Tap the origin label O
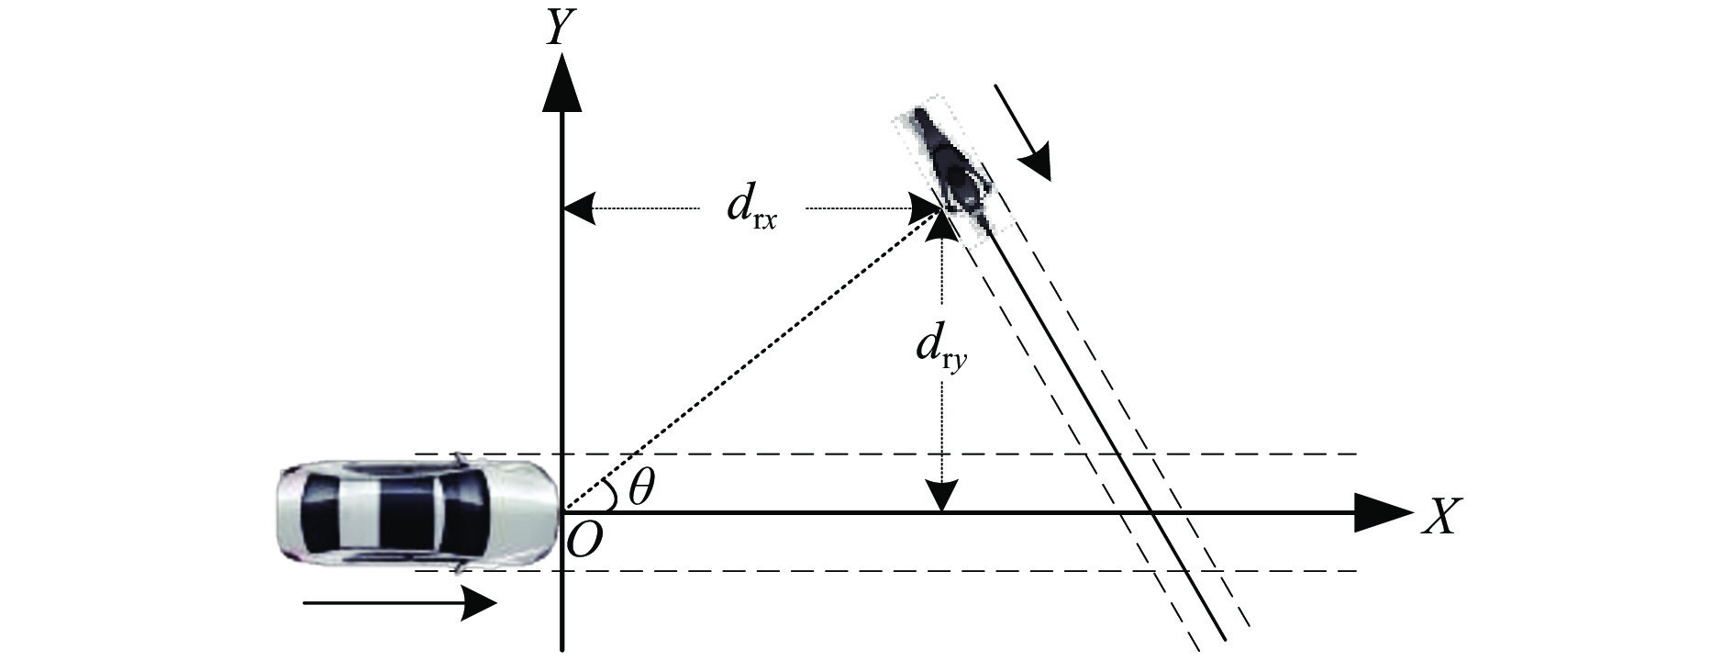[x=584, y=542]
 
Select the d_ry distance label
[x=941, y=351]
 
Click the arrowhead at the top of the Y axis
[x=561, y=83]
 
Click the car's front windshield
[x=469, y=512]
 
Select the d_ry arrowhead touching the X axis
[x=941, y=496]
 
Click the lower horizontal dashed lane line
[x=917, y=571]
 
